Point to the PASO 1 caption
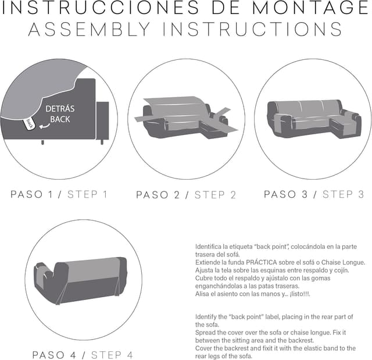click(x=35, y=194)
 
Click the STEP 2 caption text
click(x=216, y=195)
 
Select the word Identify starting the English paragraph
click(x=208, y=317)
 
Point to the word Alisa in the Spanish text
click(x=203, y=294)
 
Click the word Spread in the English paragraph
click(x=206, y=333)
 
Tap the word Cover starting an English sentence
click(x=205, y=348)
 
